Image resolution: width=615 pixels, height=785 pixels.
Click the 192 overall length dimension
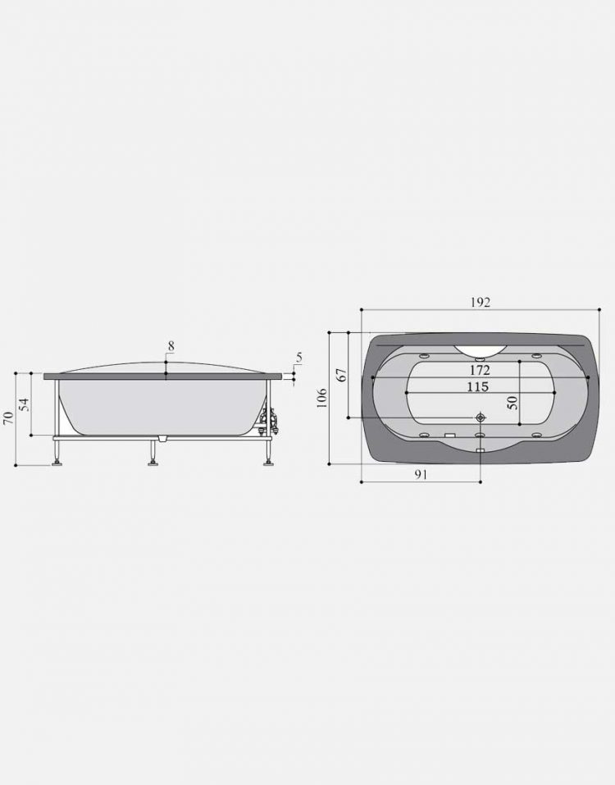481,303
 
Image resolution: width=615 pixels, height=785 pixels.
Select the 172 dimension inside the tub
480,371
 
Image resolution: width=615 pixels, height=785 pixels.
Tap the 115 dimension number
477,386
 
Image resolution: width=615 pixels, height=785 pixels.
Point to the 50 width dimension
512,403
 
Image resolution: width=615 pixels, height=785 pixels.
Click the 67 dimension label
342,375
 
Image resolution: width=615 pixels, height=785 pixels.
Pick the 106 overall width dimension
321,398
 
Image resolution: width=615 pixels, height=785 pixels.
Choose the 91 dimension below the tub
421,474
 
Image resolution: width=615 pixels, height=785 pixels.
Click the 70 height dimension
8,418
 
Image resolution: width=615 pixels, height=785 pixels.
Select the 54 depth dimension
24,404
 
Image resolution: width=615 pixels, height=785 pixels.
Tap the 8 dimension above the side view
171,346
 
